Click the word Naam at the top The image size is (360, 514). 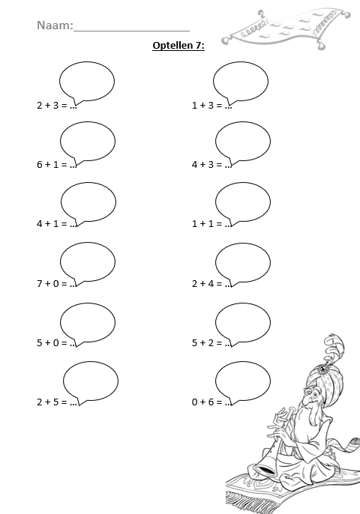pos(55,25)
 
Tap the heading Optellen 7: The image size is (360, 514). pos(178,45)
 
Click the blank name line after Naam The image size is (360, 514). pos(131,31)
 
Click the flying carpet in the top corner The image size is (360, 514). pos(286,28)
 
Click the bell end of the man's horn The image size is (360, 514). pos(265,470)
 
